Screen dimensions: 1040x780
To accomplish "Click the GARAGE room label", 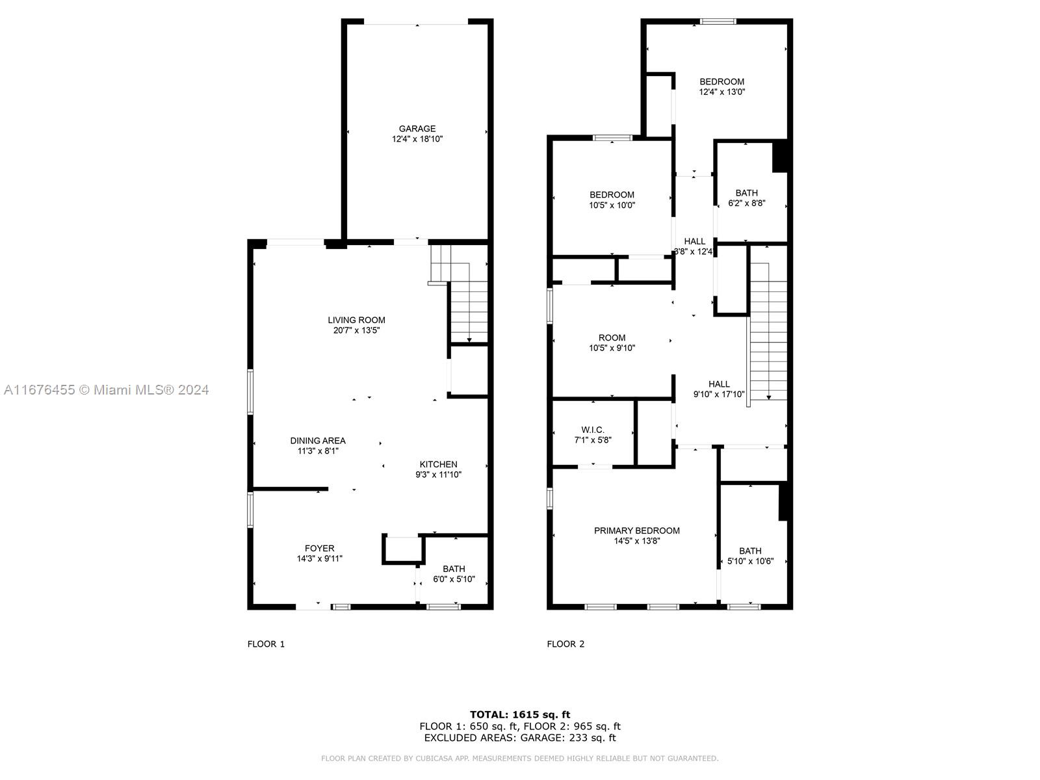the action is point(417,129).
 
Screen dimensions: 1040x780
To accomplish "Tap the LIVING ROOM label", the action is point(356,320).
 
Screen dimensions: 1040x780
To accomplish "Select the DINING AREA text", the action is point(318,441).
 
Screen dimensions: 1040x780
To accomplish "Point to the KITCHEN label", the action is point(438,465).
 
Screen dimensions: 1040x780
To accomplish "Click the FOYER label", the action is point(319,549).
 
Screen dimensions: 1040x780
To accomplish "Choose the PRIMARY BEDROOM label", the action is point(637,531).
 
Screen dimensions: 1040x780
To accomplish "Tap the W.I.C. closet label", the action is point(593,430).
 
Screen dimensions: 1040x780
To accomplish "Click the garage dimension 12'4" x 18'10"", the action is point(417,139).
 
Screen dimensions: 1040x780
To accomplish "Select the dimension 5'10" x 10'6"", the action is point(751,561).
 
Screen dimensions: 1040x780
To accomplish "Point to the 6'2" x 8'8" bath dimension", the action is point(747,203).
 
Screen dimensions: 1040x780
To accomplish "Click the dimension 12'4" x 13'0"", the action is point(722,92).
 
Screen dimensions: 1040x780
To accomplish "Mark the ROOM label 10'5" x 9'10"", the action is point(612,343).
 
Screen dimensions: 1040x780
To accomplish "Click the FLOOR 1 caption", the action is point(266,644).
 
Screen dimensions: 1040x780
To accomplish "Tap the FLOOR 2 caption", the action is point(565,644).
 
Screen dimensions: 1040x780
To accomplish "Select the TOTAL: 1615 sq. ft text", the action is point(520,714).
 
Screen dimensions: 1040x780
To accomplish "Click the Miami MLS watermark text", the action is point(106,390).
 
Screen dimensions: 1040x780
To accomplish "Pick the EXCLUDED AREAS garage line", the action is point(520,738).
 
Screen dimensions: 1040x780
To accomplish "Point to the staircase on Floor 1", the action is point(460,294).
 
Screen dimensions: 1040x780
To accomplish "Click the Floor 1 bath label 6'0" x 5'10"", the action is point(454,574).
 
